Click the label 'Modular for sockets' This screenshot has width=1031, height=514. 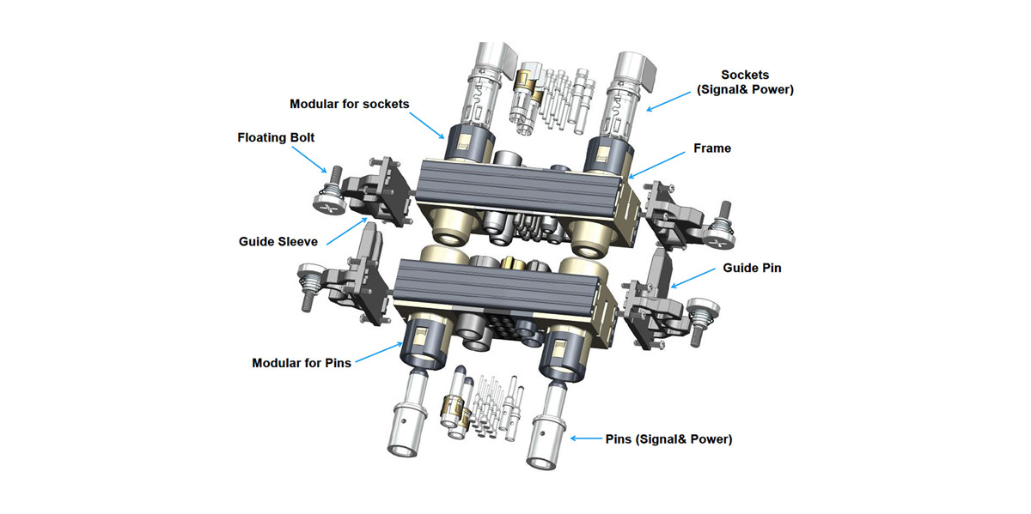pos(349,104)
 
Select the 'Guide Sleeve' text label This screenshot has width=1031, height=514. pos(279,242)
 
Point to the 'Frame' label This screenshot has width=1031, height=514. pos(712,148)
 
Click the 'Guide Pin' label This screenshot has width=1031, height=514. pos(753,268)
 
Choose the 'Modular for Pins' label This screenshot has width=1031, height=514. pos(302,363)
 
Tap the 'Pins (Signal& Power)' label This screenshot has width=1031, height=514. pos(668,439)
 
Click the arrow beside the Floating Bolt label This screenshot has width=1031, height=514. pos(308,160)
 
